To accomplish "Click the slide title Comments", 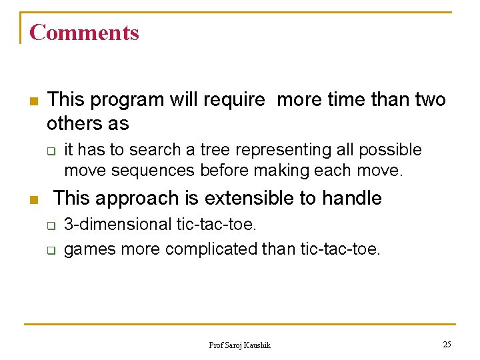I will (84, 32).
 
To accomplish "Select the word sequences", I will (152, 171).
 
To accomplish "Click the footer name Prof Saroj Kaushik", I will (239, 345).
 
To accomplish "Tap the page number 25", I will (447, 344).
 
